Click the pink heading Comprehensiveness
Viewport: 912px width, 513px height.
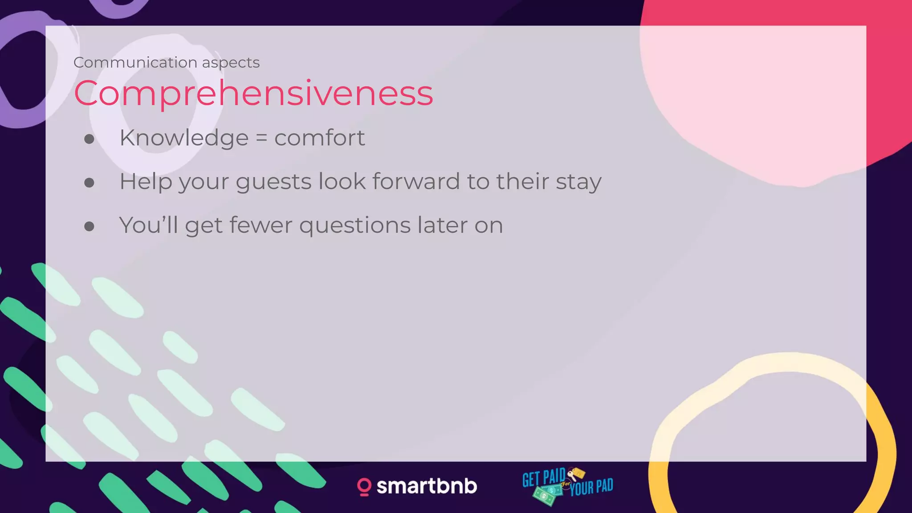point(253,94)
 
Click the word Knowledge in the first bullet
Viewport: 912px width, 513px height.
point(183,138)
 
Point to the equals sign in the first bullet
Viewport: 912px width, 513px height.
point(261,138)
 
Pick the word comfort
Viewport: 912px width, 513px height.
point(319,138)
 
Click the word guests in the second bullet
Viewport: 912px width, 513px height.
point(273,182)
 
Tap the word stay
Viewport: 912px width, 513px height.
point(578,182)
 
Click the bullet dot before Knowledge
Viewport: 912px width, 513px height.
point(89,139)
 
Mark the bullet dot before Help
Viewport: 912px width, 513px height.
point(89,183)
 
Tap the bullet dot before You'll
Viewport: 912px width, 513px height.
point(89,226)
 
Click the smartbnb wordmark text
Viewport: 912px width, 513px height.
point(427,486)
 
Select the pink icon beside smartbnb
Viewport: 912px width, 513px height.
point(364,487)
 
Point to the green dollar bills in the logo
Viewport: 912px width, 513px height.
point(546,494)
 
